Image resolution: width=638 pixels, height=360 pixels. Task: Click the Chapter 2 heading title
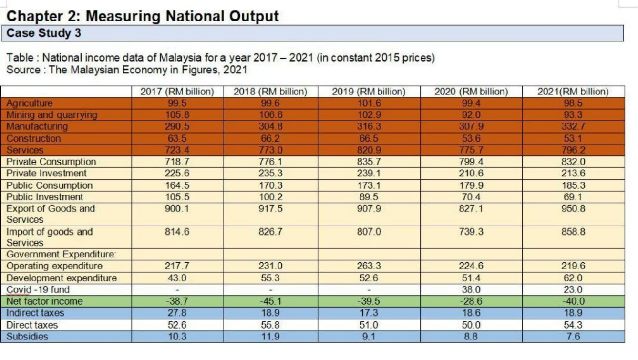142,16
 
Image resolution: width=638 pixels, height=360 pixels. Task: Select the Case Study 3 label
43,33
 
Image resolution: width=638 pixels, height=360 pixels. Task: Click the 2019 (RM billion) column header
368,92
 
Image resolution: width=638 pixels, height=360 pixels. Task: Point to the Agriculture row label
30,103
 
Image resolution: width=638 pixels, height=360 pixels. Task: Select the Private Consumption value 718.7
177,162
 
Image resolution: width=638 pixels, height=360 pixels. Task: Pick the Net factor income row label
44,301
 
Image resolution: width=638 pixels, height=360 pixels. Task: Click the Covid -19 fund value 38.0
471,289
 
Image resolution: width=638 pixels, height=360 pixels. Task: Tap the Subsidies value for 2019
369,337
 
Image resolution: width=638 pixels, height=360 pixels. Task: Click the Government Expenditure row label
62,254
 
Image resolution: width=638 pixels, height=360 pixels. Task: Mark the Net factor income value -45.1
270,301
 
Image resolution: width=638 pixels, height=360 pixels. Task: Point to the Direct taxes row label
32,325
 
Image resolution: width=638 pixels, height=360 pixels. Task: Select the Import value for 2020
471,232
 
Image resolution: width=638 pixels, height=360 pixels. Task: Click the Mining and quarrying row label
51,115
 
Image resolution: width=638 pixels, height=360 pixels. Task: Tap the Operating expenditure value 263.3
369,266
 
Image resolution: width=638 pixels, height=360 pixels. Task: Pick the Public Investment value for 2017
177,197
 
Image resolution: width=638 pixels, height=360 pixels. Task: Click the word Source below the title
21,70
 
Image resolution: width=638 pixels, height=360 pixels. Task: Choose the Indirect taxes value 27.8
177,313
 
